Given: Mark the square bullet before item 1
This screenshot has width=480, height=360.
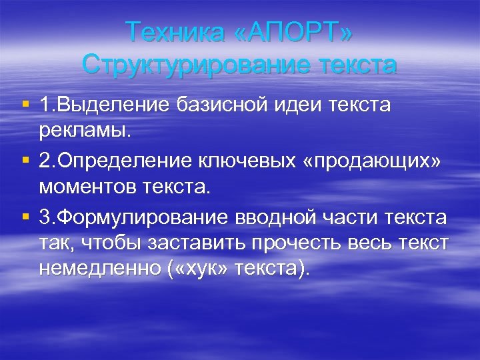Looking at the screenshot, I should pyautogui.click(x=25, y=105).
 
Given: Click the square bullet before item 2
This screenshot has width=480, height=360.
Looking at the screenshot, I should pyautogui.click(x=25, y=161).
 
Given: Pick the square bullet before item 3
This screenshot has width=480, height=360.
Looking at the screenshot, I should pyautogui.click(x=25, y=219).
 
